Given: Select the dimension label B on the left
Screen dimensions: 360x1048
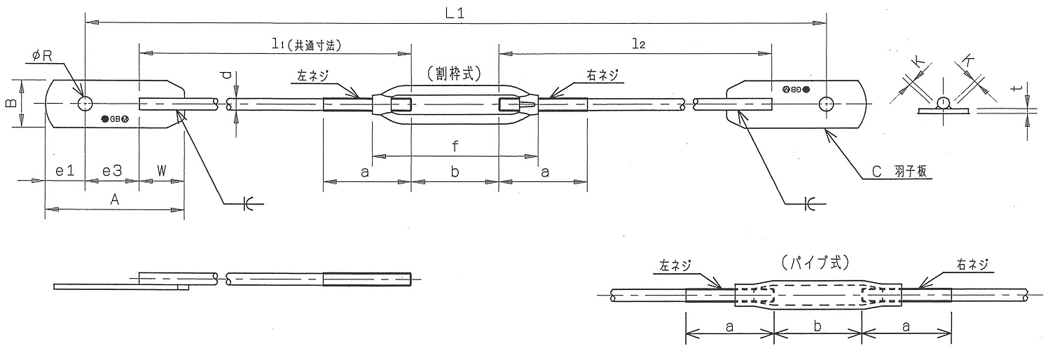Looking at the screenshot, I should tap(11, 104).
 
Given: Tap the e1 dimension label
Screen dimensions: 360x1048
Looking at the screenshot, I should tap(64, 170).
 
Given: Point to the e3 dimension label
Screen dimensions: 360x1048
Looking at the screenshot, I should tap(112, 170).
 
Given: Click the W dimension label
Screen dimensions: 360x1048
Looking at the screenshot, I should tap(161, 170).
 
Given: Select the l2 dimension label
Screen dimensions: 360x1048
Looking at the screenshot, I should tap(637, 43).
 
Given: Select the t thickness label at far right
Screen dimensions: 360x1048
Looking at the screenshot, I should tap(1021, 89).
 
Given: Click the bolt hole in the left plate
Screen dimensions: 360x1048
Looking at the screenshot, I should tap(85, 104).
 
